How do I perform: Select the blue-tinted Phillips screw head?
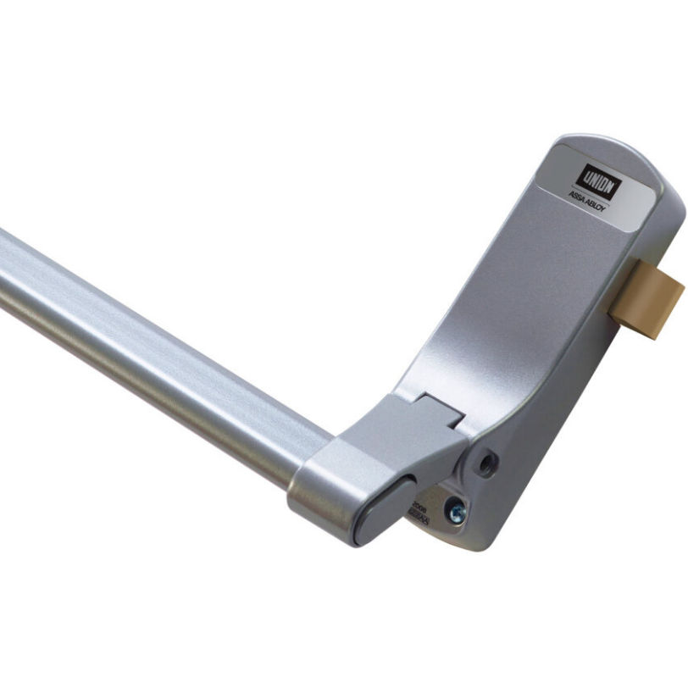pyautogui.click(x=459, y=510)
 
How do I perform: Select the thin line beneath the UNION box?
pyautogui.click(x=596, y=192)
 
